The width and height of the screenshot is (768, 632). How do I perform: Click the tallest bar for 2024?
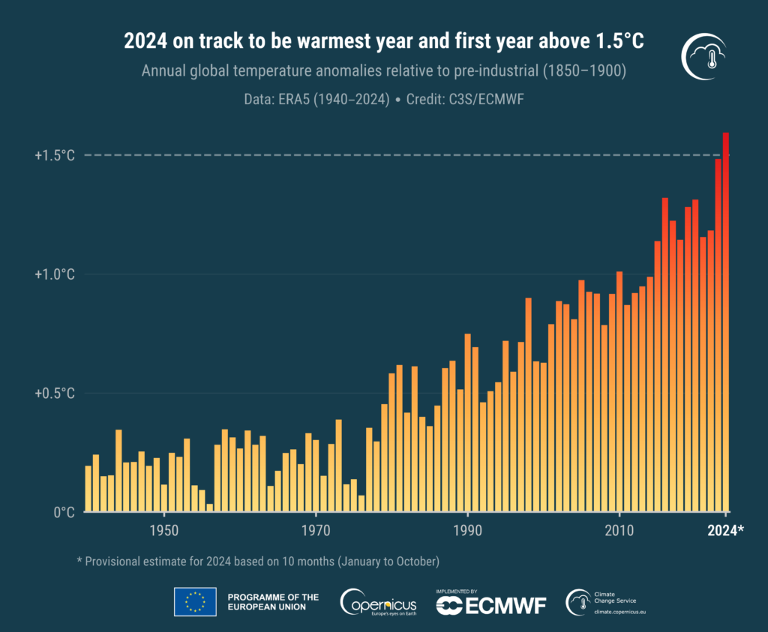725,322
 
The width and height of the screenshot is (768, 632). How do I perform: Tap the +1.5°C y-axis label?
55,155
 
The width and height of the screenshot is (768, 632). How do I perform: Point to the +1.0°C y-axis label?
55,274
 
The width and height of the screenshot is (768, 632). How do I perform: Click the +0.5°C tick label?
55,393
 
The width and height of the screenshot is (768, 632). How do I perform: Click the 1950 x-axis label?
164,530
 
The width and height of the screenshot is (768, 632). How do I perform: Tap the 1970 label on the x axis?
316,530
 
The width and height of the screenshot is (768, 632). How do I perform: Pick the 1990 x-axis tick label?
467,530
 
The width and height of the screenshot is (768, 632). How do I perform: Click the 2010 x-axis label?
619,530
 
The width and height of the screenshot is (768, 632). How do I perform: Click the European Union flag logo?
195,601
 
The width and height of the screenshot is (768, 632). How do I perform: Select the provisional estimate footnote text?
257,561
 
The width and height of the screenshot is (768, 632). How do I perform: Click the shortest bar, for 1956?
210,508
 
